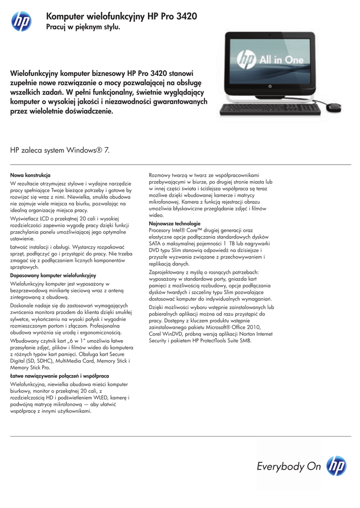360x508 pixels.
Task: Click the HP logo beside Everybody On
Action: [337, 466]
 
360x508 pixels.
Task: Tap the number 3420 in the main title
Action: [184, 16]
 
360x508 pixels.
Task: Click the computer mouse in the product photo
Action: [334, 106]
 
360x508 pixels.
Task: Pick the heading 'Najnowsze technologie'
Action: [175, 224]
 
